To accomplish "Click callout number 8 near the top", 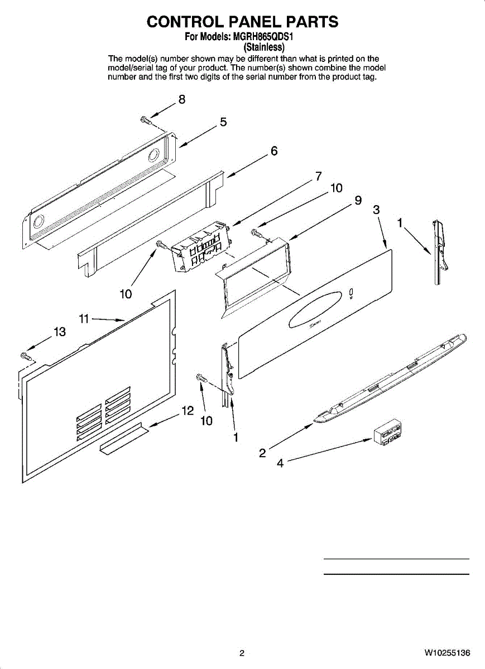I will (181, 100).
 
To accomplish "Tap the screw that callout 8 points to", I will (145, 119).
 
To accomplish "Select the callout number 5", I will (223, 122).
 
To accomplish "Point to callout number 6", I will (274, 151).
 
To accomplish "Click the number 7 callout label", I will (318, 176).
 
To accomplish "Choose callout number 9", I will (358, 201).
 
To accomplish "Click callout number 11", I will (84, 319).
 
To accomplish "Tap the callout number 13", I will (59, 332).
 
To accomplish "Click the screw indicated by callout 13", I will (25, 355).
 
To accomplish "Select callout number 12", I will (188, 411).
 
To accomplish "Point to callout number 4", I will (280, 463).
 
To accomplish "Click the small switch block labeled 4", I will (387, 432).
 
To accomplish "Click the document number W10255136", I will (446, 653).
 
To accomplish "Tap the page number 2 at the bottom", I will (242, 653).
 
